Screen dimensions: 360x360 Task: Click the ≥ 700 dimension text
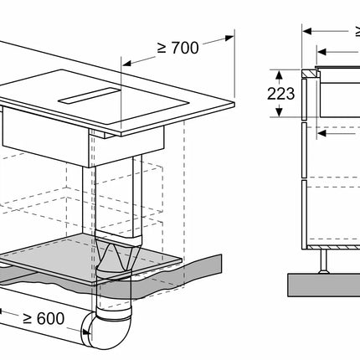point(177,48)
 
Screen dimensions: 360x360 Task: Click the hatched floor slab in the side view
point(327,285)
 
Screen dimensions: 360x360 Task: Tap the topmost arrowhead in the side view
point(306,31)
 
